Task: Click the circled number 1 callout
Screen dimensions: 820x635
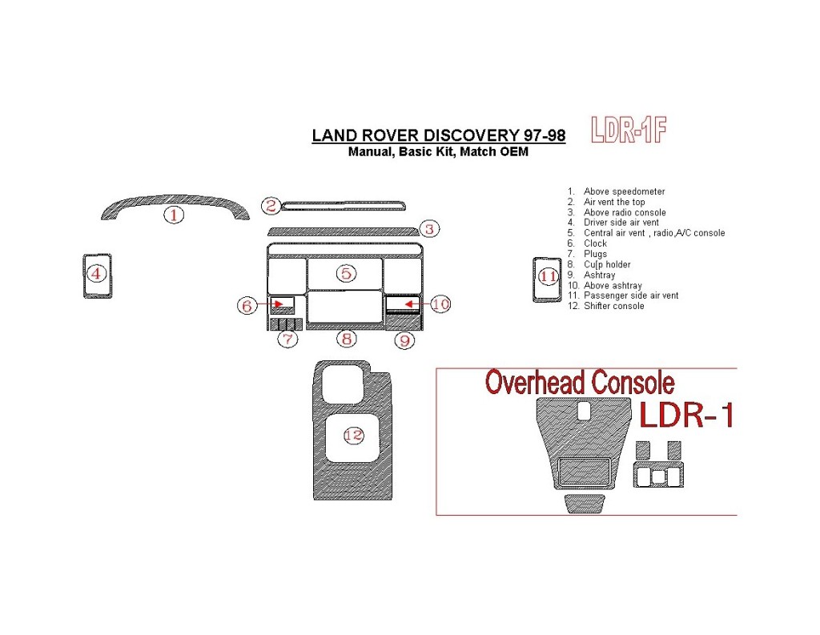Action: click(175, 214)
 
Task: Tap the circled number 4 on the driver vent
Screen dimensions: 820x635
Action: click(97, 274)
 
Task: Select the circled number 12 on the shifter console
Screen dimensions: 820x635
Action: click(353, 435)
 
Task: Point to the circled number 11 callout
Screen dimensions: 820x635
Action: click(548, 277)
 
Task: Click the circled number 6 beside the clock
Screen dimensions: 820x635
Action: click(247, 305)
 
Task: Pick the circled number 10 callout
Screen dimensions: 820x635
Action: click(440, 304)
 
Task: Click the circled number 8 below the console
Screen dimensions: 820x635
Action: click(346, 339)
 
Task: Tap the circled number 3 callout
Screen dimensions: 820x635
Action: click(429, 230)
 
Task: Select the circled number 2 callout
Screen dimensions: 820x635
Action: click(271, 206)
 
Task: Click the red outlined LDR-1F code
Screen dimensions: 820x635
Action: click(629, 130)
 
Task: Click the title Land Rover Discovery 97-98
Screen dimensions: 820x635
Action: click(438, 135)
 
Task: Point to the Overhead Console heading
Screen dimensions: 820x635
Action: click(580, 383)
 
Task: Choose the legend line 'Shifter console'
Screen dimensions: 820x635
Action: click(613, 306)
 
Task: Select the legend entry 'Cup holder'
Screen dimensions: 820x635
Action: click(607, 264)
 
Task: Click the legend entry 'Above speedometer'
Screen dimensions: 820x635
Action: click(624, 191)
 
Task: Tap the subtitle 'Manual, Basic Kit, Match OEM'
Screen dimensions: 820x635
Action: click(438, 152)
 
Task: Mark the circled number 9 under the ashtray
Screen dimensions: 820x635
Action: click(405, 340)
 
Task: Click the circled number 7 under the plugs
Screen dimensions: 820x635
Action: click(287, 340)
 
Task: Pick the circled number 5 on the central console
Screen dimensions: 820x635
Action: click(345, 274)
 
